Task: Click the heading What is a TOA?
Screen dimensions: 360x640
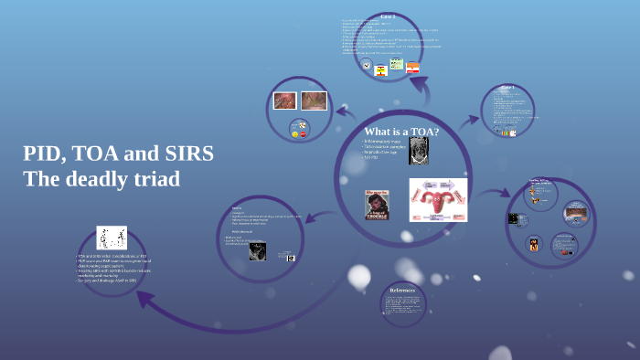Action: (x=401, y=132)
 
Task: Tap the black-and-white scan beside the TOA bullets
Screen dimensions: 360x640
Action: (x=419, y=151)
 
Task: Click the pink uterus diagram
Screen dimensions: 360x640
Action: (x=438, y=199)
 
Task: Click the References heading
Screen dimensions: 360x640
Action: (x=402, y=291)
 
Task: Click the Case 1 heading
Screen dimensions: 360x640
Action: (x=507, y=87)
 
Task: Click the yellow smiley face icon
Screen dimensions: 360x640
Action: (x=294, y=133)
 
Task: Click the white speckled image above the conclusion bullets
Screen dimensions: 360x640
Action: (x=112, y=238)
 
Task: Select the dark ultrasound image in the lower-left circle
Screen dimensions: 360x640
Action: (x=258, y=251)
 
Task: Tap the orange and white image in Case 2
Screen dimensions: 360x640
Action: (x=413, y=68)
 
